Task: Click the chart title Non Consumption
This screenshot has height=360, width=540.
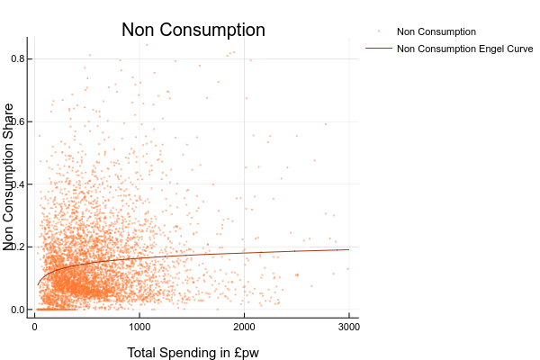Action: click(x=193, y=31)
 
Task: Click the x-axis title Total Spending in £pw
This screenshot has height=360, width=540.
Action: click(x=193, y=352)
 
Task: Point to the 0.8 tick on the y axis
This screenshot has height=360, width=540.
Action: click(x=16, y=59)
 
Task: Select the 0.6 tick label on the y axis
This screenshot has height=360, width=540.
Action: click(x=16, y=121)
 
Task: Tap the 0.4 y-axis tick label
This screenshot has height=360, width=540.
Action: click(x=16, y=184)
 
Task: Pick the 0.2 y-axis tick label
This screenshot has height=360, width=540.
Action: click(x=16, y=247)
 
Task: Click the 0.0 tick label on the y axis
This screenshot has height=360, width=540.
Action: click(x=16, y=310)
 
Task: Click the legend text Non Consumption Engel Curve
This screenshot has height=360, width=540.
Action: click(x=465, y=49)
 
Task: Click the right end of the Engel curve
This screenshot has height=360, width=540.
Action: click(x=349, y=249)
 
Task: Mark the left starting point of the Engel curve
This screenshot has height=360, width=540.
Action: click(x=38, y=285)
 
